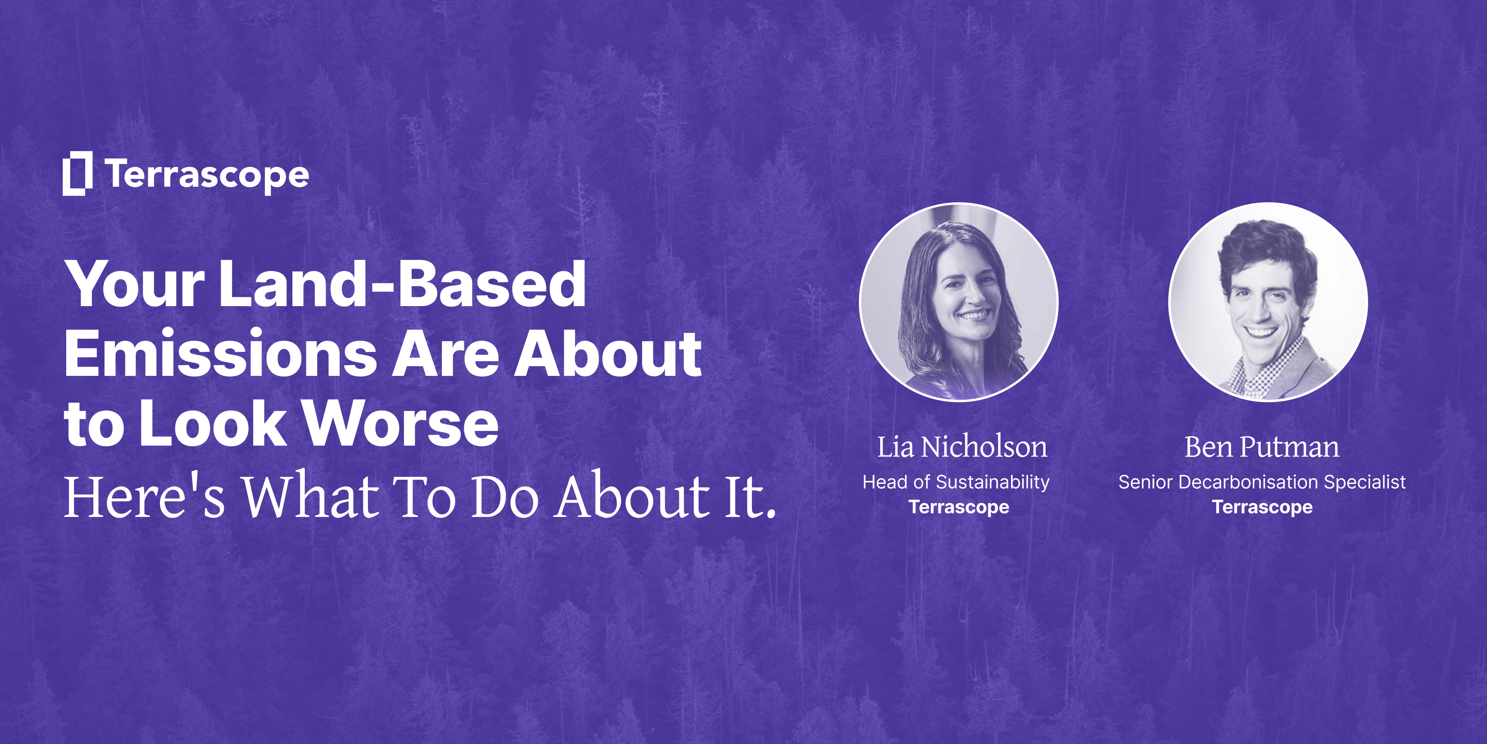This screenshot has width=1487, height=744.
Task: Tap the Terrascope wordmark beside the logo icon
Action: (x=207, y=175)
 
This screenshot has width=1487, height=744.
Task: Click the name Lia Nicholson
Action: (x=962, y=447)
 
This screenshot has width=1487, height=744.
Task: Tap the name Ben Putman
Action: (x=1262, y=447)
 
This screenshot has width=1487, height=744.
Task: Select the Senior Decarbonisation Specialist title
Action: (x=1262, y=482)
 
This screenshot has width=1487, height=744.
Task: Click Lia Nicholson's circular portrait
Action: (x=959, y=302)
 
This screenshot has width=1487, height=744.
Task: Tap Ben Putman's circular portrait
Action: (x=1268, y=302)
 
